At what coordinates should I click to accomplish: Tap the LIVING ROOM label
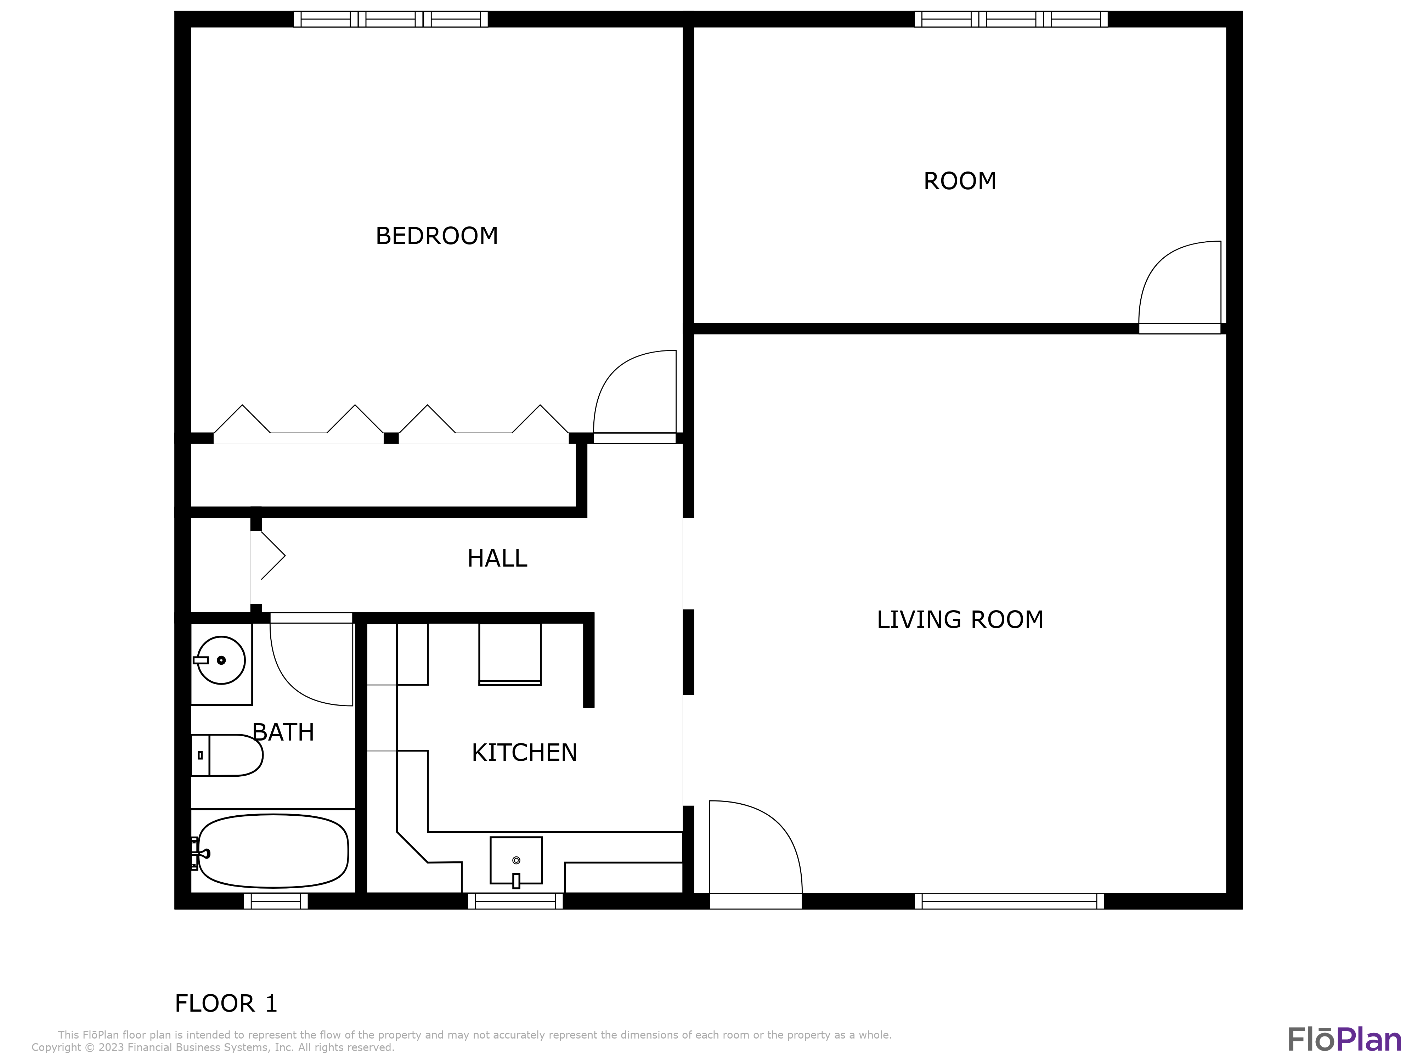pos(960,620)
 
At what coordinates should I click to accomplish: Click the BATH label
pos(283,732)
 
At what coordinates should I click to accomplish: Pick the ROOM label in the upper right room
pos(960,181)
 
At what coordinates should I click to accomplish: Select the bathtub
pos(273,851)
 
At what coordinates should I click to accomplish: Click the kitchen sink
pos(516,861)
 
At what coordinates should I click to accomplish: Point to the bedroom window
pos(391,19)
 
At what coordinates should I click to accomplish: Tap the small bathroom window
pos(276,901)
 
